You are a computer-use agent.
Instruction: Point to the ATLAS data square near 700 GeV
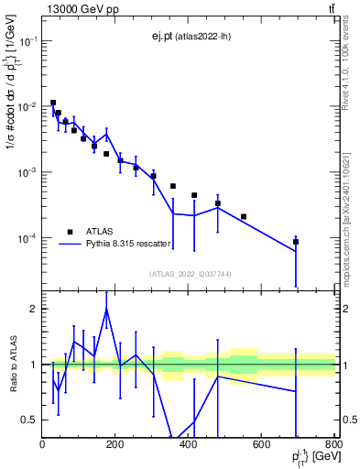pos(296,242)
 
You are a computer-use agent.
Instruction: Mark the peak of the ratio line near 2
pos(107,310)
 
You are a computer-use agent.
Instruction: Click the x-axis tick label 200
pos(115,444)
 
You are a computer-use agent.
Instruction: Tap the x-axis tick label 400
pos(189,444)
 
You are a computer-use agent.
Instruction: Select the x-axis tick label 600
pos(262,444)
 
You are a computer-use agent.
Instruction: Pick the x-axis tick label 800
pos(333,444)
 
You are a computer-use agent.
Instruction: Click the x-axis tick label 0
pos(43,444)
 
